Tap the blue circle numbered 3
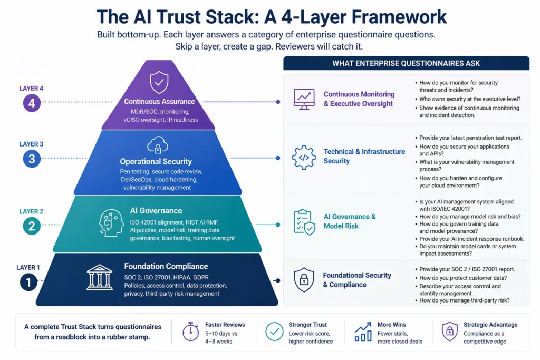[x=32, y=158]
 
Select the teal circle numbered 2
[x=32, y=226]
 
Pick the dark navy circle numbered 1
[x=28, y=283]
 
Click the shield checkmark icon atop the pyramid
[x=159, y=83]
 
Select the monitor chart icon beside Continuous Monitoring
[x=304, y=100]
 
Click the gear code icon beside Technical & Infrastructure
[x=304, y=157]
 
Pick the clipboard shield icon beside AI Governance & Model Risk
[x=304, y=222]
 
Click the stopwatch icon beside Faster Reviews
[x=190, y=332]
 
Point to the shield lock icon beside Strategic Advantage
[x=449, y=332]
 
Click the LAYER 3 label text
[x=31, y=144]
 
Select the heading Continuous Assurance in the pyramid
[x=159, y=102]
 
